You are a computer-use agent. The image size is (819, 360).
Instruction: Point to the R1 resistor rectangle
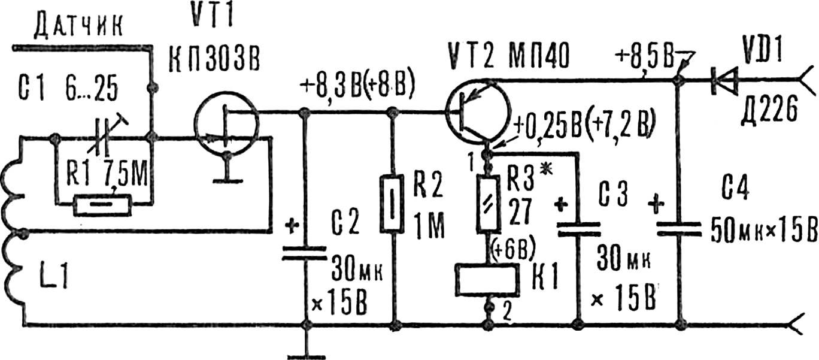click(x=102, y=206)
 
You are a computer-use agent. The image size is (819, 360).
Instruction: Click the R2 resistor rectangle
click(x=392, y=204)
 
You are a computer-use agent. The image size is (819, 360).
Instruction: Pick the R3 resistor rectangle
click(x=489, y=204)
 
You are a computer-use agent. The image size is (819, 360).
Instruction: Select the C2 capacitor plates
click(x=304, y=253)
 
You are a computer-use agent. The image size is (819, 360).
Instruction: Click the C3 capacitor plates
click(x=578, y=229)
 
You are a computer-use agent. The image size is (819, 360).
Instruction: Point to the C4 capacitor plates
click(x=679, y=229)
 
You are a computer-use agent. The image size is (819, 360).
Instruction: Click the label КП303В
click(x=214, y=60)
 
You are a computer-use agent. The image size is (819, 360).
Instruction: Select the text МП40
click(x=539, y=57)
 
